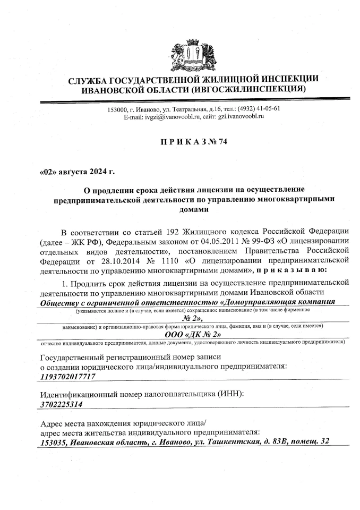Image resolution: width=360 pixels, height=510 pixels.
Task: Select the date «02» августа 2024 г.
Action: click(78, 172)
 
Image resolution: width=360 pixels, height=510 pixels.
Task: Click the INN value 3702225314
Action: click(62, 404)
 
